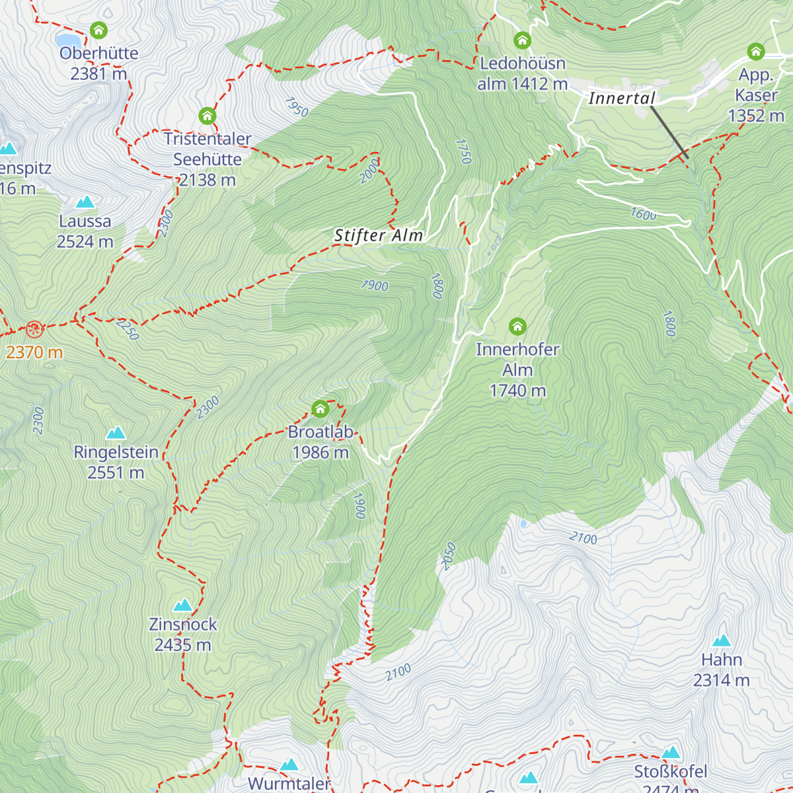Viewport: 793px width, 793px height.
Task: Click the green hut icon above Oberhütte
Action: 98,30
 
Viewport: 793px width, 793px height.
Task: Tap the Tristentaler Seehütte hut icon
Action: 207,116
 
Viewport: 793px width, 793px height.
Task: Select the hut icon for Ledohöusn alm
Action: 522,41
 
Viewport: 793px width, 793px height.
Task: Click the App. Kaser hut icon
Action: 755,52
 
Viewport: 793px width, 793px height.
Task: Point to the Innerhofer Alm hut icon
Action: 517,326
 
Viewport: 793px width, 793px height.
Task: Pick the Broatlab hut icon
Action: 321,409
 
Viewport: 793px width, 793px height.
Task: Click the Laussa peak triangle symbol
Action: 85,202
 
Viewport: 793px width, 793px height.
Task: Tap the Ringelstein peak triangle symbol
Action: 116,434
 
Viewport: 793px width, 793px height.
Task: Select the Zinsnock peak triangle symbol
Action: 182,605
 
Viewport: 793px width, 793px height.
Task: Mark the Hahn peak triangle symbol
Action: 722,640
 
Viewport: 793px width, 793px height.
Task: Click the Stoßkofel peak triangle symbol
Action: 671,753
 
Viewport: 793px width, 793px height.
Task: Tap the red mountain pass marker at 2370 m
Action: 34,328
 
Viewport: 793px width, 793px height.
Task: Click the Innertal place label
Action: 621,98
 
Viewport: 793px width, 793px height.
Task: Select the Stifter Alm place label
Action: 378,236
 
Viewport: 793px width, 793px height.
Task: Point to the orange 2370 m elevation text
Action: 34,352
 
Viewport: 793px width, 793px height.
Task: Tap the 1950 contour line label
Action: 297,107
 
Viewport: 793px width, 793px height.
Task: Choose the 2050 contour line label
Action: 449,556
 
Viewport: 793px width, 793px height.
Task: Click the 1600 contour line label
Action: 643,214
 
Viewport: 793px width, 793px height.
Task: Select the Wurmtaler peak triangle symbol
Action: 289,765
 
